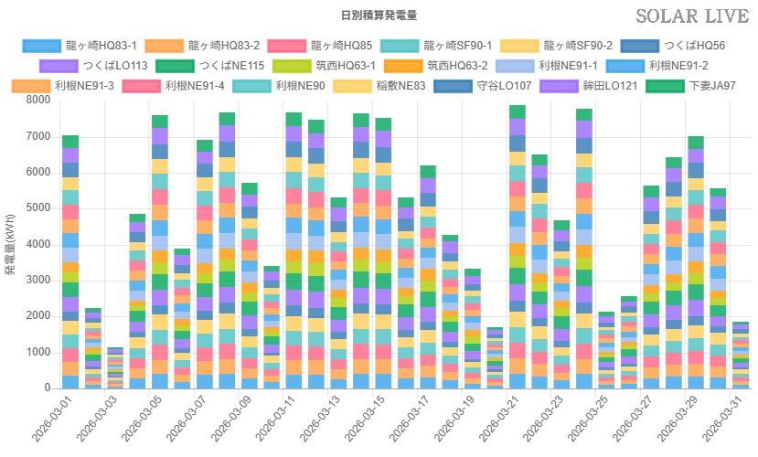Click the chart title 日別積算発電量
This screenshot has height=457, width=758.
click(379, 16)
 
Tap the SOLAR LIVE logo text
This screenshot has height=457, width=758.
click(694, 16)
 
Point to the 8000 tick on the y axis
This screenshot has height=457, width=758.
click(37, 101)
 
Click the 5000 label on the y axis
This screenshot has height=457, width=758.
click(37, 208)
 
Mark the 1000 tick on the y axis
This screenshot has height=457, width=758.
click(37, 352)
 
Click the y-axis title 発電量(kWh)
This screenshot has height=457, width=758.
click(10, 241)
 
